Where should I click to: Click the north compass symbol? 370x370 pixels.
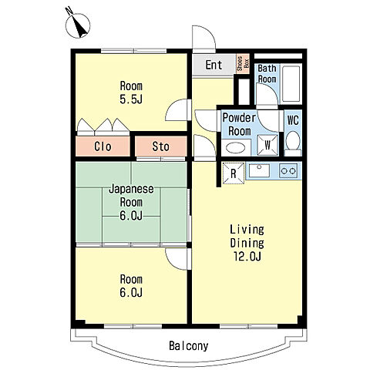point(78,25)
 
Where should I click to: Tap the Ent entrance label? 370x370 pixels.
point(214,65)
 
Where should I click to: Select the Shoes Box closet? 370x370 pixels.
point(243,63)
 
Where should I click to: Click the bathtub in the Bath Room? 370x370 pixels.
point(291,84)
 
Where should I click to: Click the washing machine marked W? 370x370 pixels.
point(267,145)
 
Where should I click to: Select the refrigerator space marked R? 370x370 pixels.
point(234,173)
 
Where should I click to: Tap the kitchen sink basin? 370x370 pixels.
point(259,171)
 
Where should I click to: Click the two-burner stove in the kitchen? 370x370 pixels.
point(288,170)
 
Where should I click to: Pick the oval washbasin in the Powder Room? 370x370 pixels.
point(235,148)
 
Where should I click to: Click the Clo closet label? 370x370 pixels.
point(103,146)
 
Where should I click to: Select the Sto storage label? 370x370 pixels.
point(161,146)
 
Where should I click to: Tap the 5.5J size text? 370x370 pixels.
point(131,99)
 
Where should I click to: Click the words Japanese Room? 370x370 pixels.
point(131,196)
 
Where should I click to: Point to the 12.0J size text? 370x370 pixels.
point(247,256)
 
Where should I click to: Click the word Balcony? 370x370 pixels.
point(189,346)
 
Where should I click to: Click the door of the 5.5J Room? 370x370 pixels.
point(178,109)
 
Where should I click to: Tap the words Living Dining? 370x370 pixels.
point(247,236)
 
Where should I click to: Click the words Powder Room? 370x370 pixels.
point(239,124)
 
